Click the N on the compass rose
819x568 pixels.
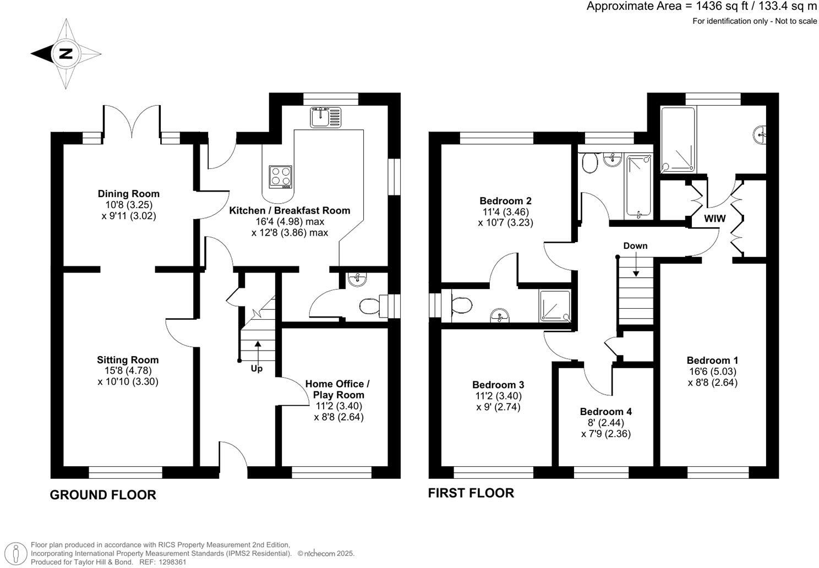point(65,54)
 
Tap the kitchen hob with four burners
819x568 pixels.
point(280,177)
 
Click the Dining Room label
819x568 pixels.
point(129,194)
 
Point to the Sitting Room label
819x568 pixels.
point(128,360)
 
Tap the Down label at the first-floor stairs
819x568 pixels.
point(635,246)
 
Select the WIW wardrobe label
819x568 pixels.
point(715,219)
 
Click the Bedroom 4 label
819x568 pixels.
point(605,412)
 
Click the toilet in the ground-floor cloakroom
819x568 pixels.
point(369,306)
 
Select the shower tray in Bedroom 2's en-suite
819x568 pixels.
point(555,306)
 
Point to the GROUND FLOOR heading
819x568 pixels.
point(103,495)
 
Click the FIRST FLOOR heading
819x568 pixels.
point(471,493)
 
